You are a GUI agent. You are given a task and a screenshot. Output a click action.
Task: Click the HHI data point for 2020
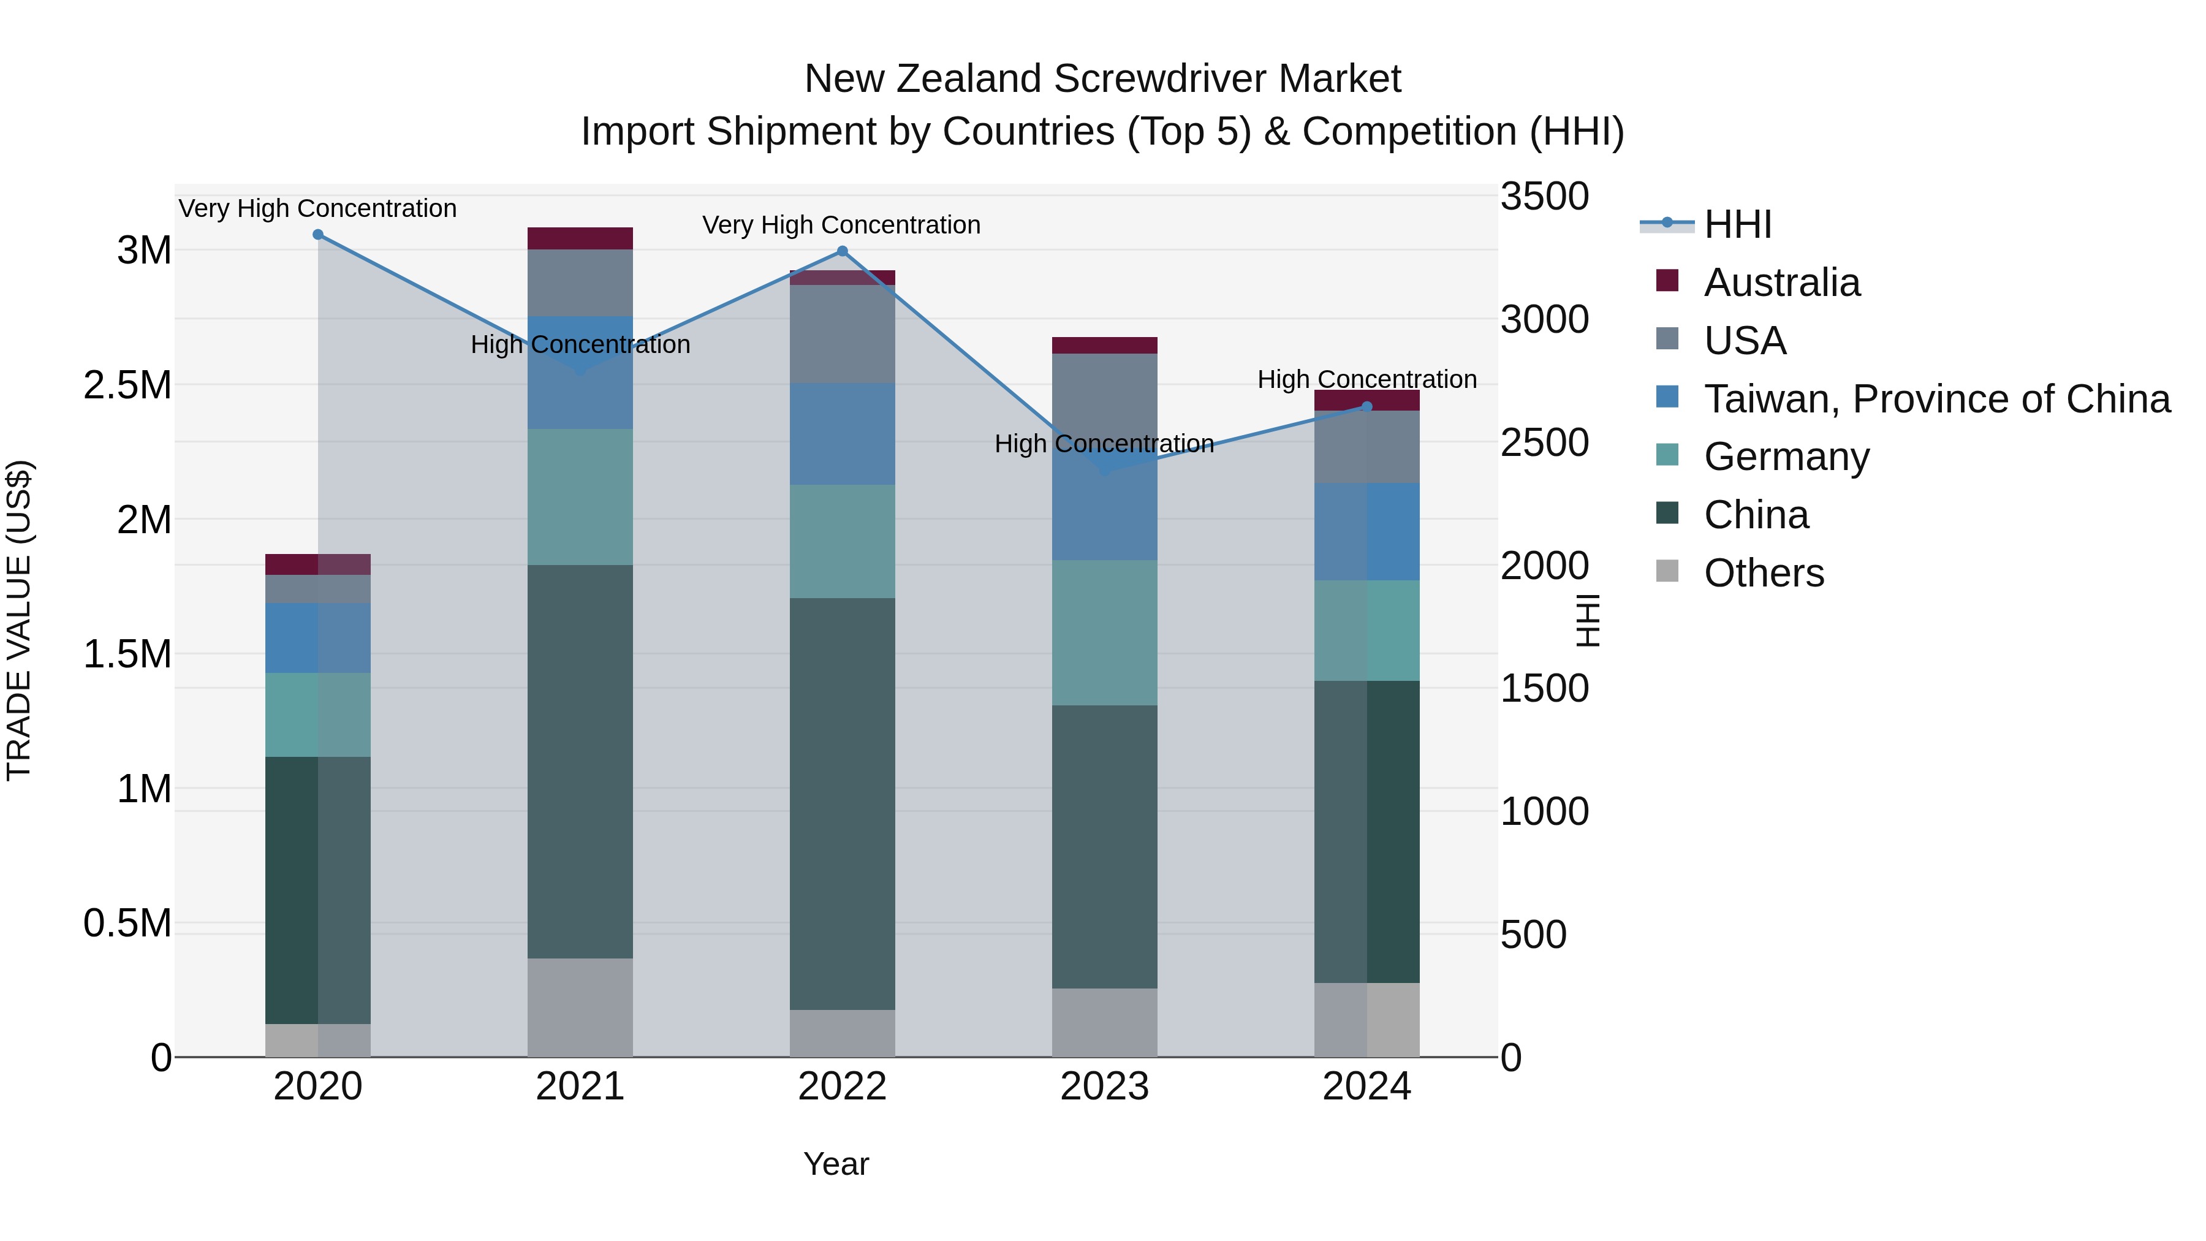tap(317, 235)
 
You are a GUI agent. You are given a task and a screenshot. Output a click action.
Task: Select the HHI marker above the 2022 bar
tap(842, 251)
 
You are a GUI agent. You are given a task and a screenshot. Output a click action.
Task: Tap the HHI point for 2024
tap(1366, 407)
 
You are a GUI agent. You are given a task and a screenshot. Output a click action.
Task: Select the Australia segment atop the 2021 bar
tap(580, 238)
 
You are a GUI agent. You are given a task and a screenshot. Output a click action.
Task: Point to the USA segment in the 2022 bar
tap(842, 334)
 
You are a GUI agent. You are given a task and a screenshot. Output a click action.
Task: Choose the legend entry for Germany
tap(1786, 457)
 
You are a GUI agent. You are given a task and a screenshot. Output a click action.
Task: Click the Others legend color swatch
tap(1667, 571)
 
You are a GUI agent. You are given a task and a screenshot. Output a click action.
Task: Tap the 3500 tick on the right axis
tap(1544, 196)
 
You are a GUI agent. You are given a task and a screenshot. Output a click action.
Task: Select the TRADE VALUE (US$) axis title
tap(19, 620)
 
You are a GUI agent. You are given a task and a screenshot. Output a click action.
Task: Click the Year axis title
tap(836, 1164)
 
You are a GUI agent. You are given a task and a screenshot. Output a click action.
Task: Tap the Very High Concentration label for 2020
tap(317, 208)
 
